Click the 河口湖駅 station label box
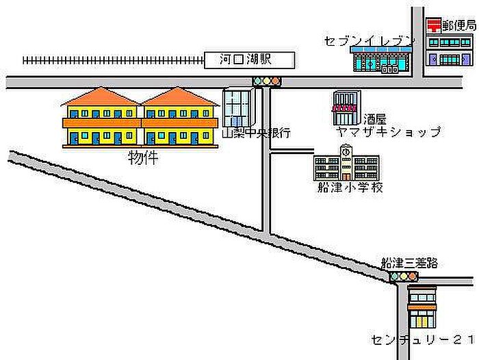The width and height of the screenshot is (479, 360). (x=250, y=60)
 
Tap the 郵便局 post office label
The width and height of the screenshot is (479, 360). (x=459, y=26)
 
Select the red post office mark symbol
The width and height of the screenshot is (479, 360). (x=434, y=25)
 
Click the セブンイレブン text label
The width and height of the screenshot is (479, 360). (x=369, y=40)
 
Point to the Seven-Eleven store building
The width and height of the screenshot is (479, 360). (x=382, y=60)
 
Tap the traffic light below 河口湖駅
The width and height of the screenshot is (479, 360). (x=267, y=81)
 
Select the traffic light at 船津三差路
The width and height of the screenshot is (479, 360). (x=403, y=277)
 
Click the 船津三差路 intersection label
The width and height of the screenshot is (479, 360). (x=409, y=263)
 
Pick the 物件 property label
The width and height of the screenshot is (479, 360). (x=143, y=158)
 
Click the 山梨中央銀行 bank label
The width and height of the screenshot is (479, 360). (x=257, y=133)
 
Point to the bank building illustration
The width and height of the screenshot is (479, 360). (x=238, y=108)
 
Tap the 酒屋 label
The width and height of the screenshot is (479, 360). (x=375, y=119)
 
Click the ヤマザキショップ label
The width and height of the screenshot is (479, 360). (x=389, y=131)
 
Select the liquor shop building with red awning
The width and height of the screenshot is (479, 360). (x=346, y=107)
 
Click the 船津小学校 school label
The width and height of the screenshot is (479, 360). (x=350, y=188)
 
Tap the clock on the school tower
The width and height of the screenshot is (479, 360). (x=346, y=151)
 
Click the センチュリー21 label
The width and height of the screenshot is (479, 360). (x=423, y=339)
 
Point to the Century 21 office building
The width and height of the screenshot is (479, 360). (x=422, y=307)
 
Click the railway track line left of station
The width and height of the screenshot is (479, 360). (x=114, y=60)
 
